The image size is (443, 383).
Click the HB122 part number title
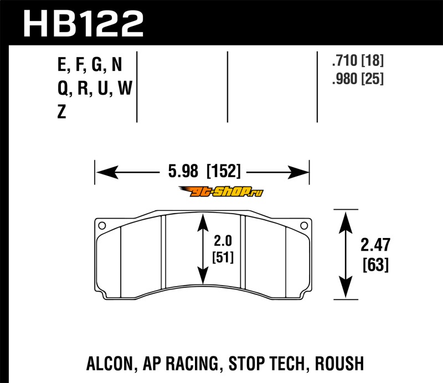pyautogui.click(x=84, y=24)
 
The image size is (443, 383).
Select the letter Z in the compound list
pyautogui.click(x=62, y=112)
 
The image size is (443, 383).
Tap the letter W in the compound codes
pyautogui.click(x=125, y=88)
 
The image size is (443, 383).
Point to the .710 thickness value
pyautogui.click(x=344, y=60)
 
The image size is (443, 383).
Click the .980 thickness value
pyautogui.click(x=344, y=79)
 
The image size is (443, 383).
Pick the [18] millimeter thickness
pyautogui.click(x=373, y=60)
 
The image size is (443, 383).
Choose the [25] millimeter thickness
pyautogui.click(x=373, y=79)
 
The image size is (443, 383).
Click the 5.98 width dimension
pyautogui.click(x=183, y=171)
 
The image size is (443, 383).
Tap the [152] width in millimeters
pyautogui.click(x=224, y=171)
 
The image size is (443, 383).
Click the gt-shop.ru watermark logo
pyautogui.click(x=221, y=192)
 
